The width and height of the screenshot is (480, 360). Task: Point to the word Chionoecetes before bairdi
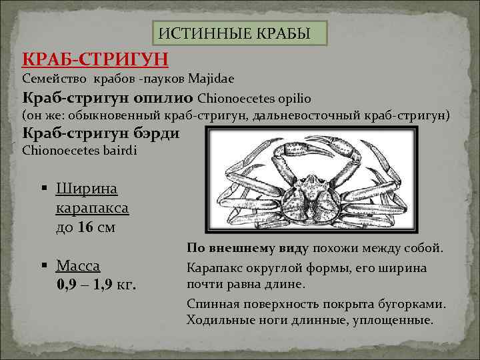tap(61, 150)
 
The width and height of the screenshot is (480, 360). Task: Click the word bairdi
tap(118, 150)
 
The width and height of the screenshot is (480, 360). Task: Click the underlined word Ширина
tap(87, 189)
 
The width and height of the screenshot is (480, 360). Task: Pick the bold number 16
tap(85, 227)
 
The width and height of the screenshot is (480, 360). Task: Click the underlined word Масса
tap(78, 266)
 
